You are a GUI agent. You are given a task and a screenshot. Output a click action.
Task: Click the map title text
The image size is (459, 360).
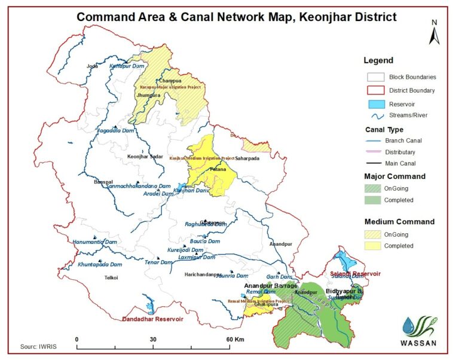(x=236, y=17)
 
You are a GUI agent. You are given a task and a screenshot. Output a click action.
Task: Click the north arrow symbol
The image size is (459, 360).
(x=434, y=33)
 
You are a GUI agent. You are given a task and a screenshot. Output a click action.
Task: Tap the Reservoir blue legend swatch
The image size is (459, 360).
(x=375, y=103)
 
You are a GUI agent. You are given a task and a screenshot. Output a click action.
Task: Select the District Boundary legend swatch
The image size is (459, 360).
(x=375, y=90)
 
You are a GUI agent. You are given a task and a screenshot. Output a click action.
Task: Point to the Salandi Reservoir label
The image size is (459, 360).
(x=356, y=273)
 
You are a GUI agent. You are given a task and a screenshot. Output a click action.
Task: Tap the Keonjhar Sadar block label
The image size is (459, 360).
(x=145, y=157)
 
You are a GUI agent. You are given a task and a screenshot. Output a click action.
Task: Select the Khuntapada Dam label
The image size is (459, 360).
(x=100, y=264)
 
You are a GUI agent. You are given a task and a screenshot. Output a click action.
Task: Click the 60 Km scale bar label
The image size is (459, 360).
(x=233, y=339)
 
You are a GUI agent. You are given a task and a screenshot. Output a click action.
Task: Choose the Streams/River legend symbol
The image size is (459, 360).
(x=375, y=115)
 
